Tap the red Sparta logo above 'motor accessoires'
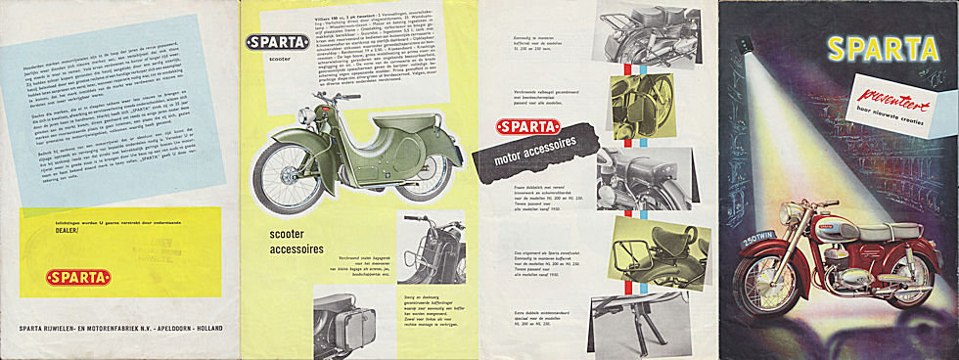pos(527,127)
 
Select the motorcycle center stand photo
pos(649,322)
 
